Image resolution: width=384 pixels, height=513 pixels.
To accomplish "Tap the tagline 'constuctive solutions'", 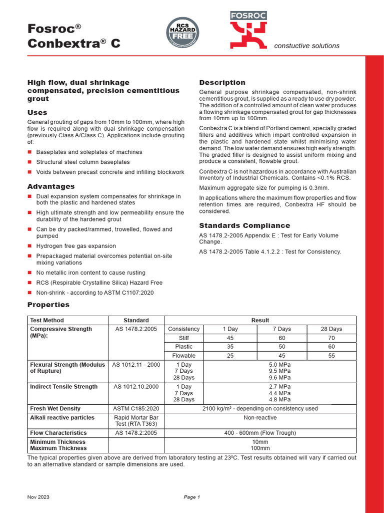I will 306,46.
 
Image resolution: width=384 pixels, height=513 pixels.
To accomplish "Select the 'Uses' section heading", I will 37,113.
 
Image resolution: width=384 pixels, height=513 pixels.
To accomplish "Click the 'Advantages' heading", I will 51,186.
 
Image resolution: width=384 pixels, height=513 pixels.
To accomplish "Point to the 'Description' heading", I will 222,83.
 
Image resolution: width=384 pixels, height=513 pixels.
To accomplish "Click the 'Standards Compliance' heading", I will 244,225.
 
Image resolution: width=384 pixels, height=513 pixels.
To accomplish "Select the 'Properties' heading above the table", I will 48,305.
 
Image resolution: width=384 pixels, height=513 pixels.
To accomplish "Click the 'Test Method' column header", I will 47,320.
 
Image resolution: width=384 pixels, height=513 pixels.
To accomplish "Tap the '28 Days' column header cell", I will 331,329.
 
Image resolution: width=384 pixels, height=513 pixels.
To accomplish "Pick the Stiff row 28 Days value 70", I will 331,338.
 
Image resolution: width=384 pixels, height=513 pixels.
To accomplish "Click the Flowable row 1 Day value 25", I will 230,356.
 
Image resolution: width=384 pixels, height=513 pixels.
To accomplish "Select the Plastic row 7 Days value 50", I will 282,347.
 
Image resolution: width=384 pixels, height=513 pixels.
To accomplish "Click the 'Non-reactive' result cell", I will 260,417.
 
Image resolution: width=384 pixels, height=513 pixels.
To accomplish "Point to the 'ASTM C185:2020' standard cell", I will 136,409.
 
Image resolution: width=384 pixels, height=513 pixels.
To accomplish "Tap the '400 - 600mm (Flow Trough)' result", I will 260,433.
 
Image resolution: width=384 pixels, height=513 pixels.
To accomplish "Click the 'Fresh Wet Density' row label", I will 55,409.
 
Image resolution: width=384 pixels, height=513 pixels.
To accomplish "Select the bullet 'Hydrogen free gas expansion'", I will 76,246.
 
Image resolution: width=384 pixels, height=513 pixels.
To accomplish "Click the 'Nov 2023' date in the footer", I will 38,497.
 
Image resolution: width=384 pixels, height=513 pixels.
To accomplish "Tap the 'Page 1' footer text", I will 192,497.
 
